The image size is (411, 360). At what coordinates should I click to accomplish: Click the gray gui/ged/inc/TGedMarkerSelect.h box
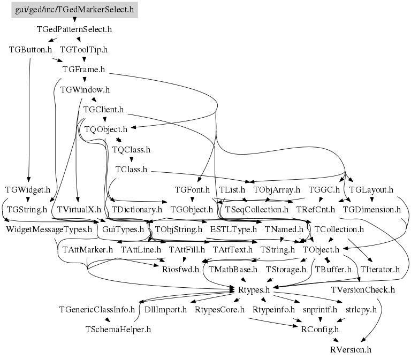[74, 10]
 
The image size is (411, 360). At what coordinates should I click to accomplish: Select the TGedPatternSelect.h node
[74, 29]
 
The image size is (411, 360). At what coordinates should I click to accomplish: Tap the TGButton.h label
[31, 50]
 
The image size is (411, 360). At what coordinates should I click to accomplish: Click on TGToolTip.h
[83, 50]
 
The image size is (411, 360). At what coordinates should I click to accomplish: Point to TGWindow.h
[85, 89]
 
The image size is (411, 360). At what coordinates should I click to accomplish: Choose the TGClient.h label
[103, 110]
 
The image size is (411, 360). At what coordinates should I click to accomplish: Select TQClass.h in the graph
[131, 150]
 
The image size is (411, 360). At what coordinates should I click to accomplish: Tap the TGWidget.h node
[27, 189]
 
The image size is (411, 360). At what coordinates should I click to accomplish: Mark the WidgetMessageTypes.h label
[49, 229]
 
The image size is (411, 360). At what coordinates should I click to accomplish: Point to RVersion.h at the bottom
[351, 349]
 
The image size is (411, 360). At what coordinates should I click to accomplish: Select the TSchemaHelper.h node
[118, 330]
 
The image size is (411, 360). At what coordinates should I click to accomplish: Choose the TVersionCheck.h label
[363, 289]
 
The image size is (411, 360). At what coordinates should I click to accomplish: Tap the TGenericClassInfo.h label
[96, 309]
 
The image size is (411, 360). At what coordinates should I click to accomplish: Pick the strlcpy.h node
[361, 309]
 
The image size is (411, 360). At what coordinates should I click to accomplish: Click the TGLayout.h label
[371, 189]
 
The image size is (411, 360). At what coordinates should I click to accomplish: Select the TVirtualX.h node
[79, 209]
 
